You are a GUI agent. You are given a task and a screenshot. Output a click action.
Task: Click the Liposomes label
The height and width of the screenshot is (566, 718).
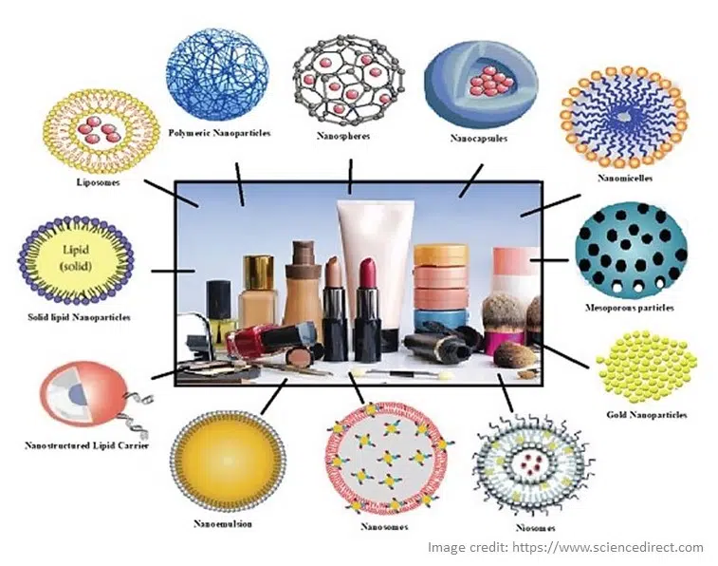98,182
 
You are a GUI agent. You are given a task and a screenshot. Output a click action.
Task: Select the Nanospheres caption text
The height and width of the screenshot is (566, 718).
343,136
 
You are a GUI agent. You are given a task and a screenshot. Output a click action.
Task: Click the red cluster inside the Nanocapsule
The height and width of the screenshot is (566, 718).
491,82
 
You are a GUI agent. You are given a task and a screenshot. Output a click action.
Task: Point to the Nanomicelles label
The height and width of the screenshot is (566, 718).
625,179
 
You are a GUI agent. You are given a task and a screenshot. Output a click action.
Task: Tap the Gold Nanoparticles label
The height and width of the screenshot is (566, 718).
647,415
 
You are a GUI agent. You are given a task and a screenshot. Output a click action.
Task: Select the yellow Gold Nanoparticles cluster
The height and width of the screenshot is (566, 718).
647,368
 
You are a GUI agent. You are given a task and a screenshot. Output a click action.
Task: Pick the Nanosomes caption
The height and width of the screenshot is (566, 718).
384,526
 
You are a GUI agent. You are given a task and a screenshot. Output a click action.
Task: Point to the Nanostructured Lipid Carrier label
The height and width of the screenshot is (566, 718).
87,445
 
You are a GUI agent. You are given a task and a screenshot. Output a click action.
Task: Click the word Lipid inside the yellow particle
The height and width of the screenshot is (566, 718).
76,250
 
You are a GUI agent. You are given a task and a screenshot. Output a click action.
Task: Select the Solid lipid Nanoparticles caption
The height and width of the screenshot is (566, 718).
79,317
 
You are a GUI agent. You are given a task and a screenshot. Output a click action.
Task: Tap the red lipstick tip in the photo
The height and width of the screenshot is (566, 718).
367,272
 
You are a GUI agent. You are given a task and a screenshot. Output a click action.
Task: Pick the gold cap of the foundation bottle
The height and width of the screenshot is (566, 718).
259,273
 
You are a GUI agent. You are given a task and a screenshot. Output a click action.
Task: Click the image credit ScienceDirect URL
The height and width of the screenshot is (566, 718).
607,547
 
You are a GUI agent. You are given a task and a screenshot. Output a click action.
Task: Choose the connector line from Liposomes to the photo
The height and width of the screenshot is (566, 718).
172,193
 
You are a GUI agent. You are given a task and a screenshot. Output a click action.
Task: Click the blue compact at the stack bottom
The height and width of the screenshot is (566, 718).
440,318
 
